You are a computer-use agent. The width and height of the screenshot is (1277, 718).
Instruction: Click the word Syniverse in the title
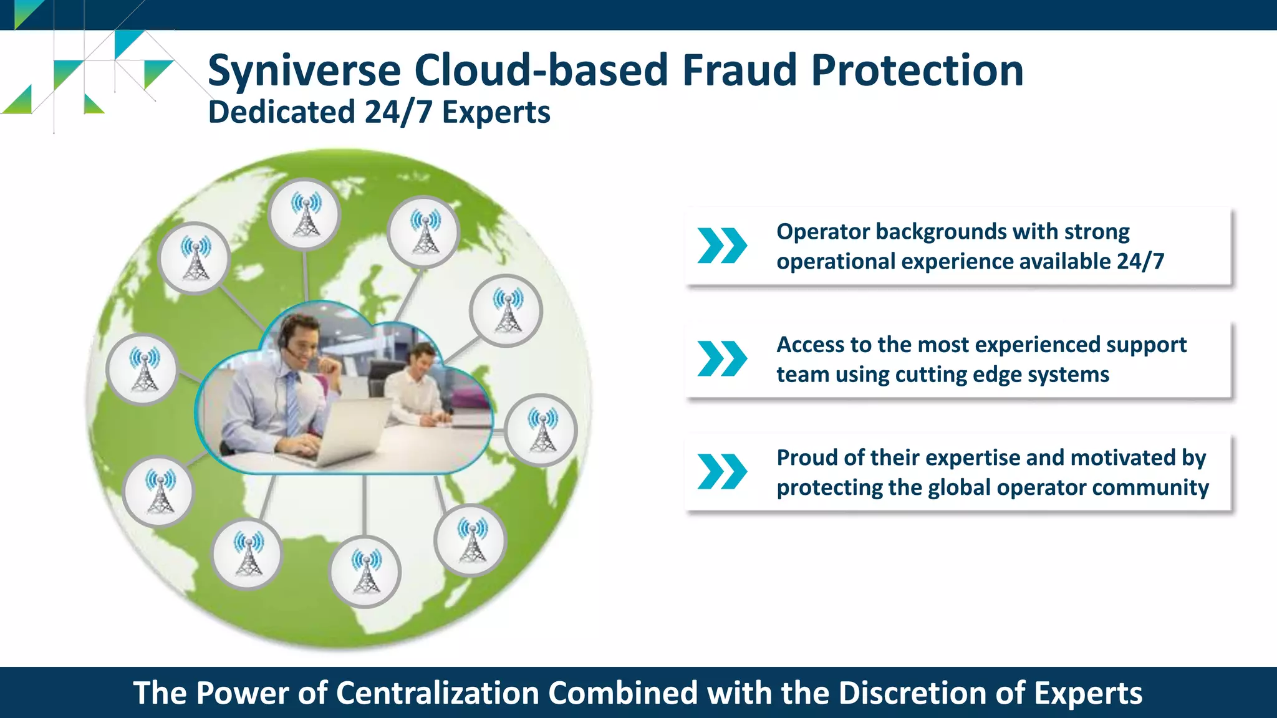(304, 70)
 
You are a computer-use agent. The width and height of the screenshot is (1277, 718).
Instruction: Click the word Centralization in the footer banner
(438, 693)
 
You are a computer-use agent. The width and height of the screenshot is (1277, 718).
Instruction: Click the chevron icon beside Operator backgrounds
(722, 246)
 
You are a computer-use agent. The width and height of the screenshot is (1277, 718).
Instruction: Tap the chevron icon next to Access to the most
(722, 359)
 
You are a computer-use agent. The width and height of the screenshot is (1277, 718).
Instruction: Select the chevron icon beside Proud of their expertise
(722, 472)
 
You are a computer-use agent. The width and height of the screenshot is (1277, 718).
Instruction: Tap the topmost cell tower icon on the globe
(306, 214)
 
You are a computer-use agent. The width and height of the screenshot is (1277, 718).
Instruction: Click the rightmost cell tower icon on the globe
(541, 430)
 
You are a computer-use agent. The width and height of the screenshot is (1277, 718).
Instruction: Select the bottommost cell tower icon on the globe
(365, 572)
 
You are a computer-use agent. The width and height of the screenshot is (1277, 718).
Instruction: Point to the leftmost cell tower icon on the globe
(143, 370)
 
